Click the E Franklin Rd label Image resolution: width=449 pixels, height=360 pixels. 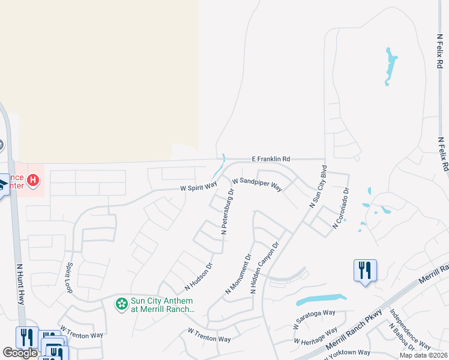pos(270,159)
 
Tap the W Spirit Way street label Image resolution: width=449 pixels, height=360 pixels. pos(199,187)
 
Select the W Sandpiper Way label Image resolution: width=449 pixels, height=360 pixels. pos(257,184)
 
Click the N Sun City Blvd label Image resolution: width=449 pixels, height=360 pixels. pos(318,187)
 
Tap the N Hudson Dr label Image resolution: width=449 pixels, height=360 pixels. pos(199,275)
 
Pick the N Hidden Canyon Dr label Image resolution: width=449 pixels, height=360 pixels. pos(265,268)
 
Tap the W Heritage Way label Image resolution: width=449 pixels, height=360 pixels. pos(315,336)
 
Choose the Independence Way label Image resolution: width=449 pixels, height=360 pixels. pos(409,329)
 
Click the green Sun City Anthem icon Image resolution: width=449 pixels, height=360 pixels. pos(122,305)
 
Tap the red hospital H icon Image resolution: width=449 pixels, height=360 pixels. pos(34,179)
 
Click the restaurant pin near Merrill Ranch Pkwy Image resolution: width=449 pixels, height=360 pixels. pos(365,271)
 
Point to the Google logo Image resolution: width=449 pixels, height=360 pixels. pos(20,353)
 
